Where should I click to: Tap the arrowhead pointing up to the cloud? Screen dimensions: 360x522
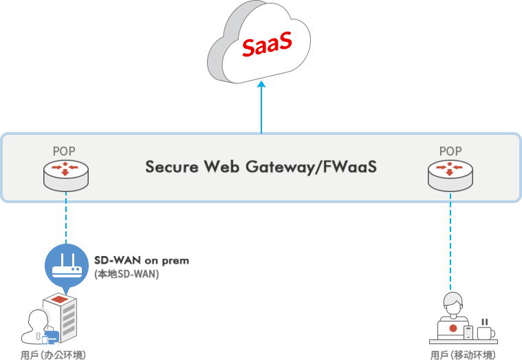point(261,85)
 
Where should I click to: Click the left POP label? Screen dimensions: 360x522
point(65,151)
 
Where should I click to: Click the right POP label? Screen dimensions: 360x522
point(450,151)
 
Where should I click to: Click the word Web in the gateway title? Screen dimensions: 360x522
point(227,168)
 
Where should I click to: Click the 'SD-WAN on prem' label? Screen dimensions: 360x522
point(142,261)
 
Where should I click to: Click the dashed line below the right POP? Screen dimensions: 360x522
point(450,241)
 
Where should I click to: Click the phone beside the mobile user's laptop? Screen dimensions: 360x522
point(468,333)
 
